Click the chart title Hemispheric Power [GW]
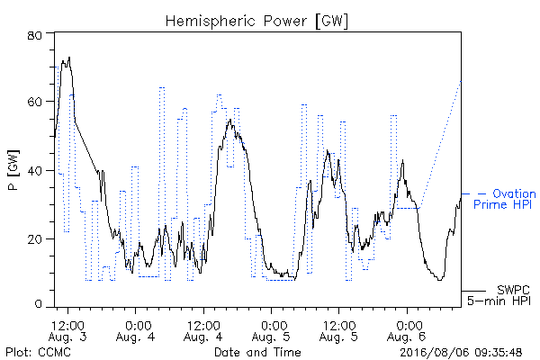[x=256, y=21]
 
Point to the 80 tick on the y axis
[x=34, y=35]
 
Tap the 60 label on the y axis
[x=34, y=102]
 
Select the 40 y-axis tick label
[x=34, y=170]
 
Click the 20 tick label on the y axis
[x=34, y=239]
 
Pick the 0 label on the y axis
[x=38, y=304]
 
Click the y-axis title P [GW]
[x=13, y=170]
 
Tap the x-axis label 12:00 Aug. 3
[x=67, y=331]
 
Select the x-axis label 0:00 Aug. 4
[x=135, y=331]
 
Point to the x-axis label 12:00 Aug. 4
[x=203, y=331]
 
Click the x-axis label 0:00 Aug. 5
[x=271, y=331]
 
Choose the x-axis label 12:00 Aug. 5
[x=339, y=331]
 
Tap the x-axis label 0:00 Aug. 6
[x=407, y=331]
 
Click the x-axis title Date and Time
[x=257, y=352]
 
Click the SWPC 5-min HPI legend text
[x=499, y=295]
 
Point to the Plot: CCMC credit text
[x=38, y=352]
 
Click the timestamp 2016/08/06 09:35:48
[x=461, y=352]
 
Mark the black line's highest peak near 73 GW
[x=69, y=58]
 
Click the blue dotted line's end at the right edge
[x=461, y=81]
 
